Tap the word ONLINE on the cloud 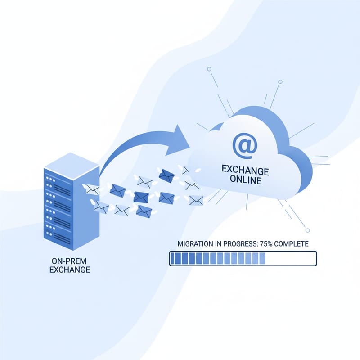click(x=245, y=181)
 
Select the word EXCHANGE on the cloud click(x=245, y=171)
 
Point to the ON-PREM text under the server click(x=71, y=261)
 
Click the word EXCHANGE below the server click(x=71, y=270)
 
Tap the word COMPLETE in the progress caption click(x=289, y=244)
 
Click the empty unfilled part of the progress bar click(x=291, y=258)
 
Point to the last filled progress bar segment click(x=262, y=258)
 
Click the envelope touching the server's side click(x=92, y=189)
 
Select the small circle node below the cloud click(x=307, y=230)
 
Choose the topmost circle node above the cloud click(x=209, y=70)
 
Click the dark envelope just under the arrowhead click(x=166, y=175)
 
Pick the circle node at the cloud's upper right click(x=280, y=82)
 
